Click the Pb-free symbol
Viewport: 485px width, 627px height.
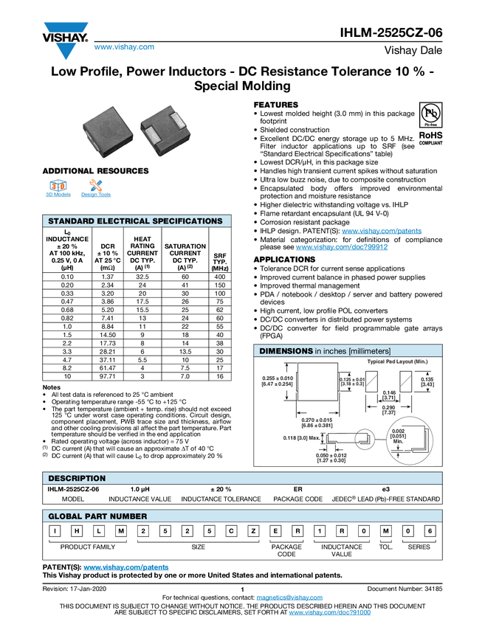(x=431, y=114)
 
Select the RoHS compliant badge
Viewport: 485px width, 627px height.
(x=431, y=137)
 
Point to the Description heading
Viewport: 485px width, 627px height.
(x=77, y=479)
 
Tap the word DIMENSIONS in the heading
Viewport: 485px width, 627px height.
(x=286, y=350)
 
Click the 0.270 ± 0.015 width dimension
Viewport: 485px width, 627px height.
(x=317, y=423)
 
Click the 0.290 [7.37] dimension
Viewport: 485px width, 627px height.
(x=388, y=410)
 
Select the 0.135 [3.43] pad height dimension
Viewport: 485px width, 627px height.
(x=427, y=381)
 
